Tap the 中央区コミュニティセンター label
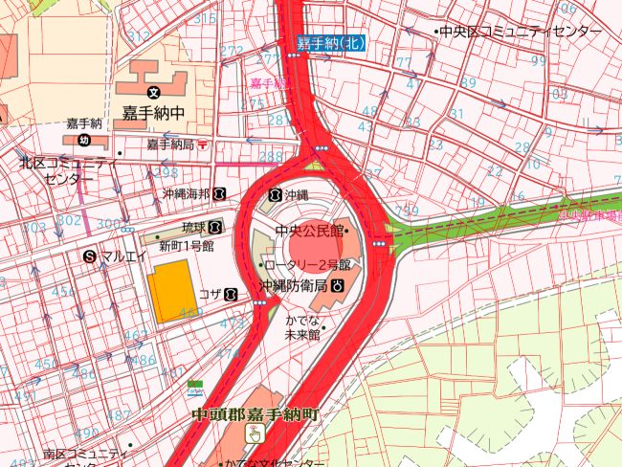(520, 32)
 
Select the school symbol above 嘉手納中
(153, 93)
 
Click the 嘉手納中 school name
(152, 114)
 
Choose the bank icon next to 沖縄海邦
(220, 194)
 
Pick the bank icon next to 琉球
(216, 227)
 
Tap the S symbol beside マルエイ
(90, 256)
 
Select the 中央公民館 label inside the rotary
(310, 231)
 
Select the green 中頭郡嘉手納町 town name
(254, 414)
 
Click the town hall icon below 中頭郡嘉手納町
(254, 434)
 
